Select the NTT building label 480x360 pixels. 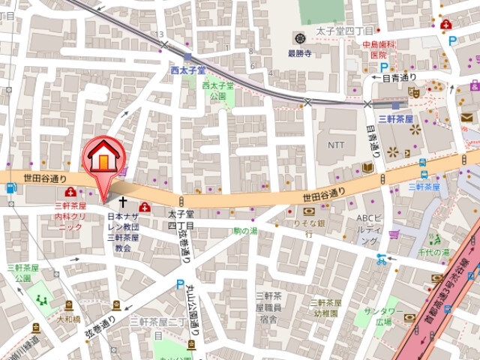click(x=335, y=144)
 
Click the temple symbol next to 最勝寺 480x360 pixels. click(x=299, y=38)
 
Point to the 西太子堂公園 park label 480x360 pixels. click(x=218, y=91)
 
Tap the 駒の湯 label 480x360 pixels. click(x=244, y=230)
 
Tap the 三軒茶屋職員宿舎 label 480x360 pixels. click(x=268, y=307)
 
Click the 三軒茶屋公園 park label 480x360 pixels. click(x=23, y=272)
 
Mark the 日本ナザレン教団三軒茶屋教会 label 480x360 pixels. click(x=123, y=232)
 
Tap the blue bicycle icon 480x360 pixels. click(x=382, y=259)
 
